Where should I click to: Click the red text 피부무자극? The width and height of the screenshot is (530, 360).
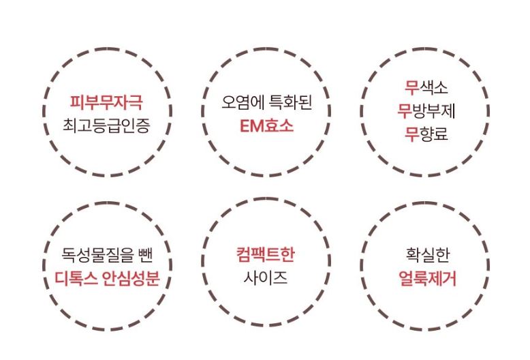click(106, 102)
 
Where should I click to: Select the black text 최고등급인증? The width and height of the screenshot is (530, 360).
click(106, 125)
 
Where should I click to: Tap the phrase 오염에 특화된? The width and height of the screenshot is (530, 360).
click(266, 102)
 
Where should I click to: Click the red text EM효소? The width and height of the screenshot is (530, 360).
click(266, 126)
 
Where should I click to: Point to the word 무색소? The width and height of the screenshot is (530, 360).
click(426, 87)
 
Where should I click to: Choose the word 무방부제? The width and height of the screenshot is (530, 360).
click(426, 110)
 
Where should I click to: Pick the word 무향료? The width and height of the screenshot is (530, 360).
click(426, 134)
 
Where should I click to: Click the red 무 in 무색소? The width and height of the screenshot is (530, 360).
click(411, 87)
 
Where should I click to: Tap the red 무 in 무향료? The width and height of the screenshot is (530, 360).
click(411, 134)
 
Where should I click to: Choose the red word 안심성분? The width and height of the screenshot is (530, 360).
click(131, 278)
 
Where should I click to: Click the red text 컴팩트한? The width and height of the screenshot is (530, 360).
click(266, 254)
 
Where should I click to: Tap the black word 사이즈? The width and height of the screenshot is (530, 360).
click(266, 278)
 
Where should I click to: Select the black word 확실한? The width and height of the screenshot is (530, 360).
click(428, 255)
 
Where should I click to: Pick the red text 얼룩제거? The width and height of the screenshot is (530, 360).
click(428, 278)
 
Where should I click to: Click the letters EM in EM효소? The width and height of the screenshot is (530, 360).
click(251, 126)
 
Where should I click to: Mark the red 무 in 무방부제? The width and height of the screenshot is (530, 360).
click(404, 110)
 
